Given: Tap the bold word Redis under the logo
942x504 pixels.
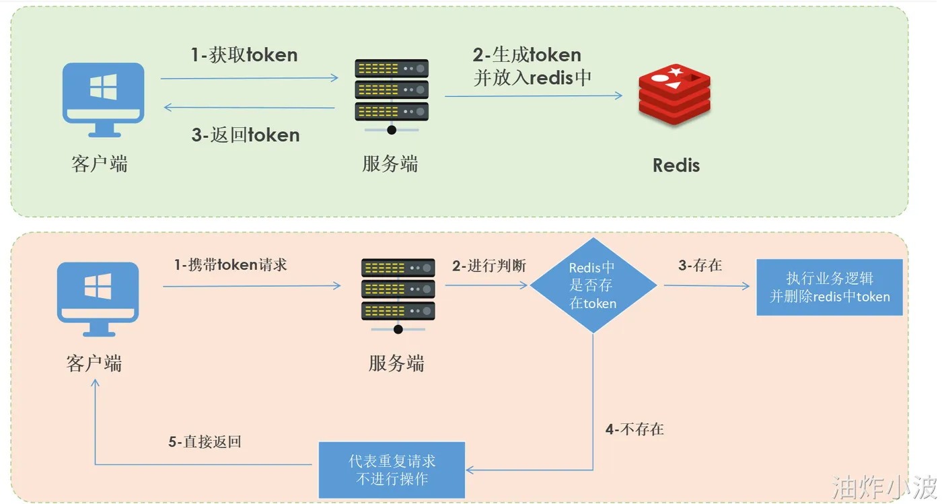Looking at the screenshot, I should tap(676, 166).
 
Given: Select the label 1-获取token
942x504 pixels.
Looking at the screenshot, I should tap(244, 55).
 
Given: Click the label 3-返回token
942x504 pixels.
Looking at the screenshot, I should tap(246, 135).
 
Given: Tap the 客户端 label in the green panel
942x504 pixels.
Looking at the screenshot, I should tap(100, 164).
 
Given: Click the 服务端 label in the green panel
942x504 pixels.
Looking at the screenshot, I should tap(390, 164).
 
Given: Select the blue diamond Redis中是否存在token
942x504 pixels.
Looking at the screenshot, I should tap(593, 285).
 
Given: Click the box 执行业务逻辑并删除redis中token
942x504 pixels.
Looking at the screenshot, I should tap(830, 287).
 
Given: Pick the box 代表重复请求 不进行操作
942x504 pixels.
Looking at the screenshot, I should tap(392, 470).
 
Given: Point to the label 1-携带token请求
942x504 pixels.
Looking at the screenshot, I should tap(231, 265).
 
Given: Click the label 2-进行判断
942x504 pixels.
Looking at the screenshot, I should tap(488, 266).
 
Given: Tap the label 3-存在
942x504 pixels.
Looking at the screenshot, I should tap(700, 265).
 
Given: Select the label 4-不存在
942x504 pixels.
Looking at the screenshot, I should tap(635, 429).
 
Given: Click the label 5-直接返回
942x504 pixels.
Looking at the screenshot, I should tap(205, 442).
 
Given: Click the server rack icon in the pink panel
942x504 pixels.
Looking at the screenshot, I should tap(398, 293).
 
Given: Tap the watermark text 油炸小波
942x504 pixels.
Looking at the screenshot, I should tap(884, 487).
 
